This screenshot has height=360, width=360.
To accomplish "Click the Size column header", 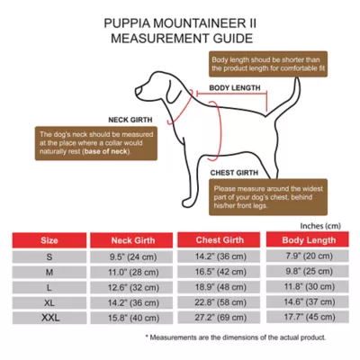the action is (50, 241).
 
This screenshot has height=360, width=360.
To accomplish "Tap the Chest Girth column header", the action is (220, 241).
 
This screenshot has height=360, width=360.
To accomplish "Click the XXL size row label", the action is (50, 318).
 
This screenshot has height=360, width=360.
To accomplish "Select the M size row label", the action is (50, 272).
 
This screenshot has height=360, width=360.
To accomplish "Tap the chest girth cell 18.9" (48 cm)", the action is (220, 287).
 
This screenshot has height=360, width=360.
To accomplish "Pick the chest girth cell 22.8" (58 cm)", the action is (220, 302).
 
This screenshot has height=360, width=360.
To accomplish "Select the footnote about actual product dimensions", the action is (236, 337).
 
